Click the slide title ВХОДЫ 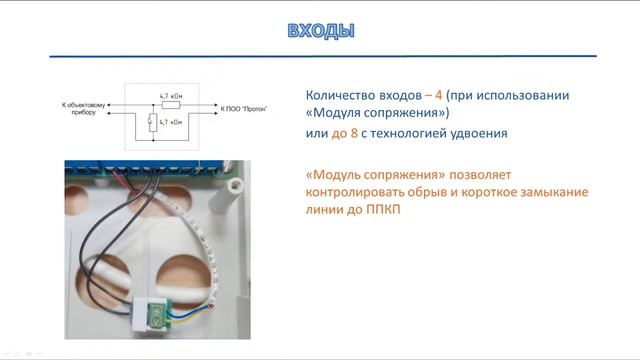[x=320, y=30]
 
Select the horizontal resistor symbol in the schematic [x=170, y=103]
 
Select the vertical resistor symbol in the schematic [x=151, y=122]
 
